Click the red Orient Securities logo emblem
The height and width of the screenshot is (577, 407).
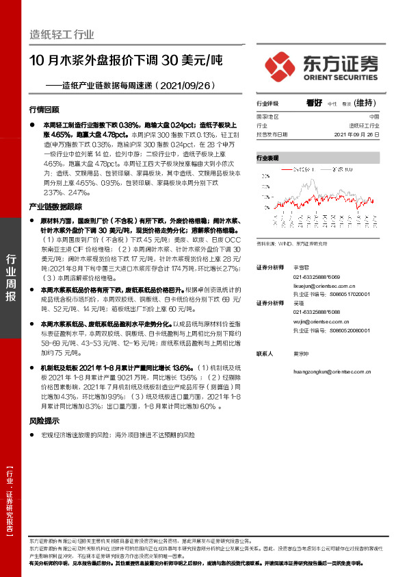(x=281, y=66)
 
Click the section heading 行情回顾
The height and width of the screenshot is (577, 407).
(x=44, y=110)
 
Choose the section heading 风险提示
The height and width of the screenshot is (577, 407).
(x=44, y=421)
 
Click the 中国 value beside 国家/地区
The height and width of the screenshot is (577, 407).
(x=383, y=117)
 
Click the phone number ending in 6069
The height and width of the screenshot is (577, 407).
(x=320, y=276)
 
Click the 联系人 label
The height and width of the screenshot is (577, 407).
(x=264, y=354)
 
